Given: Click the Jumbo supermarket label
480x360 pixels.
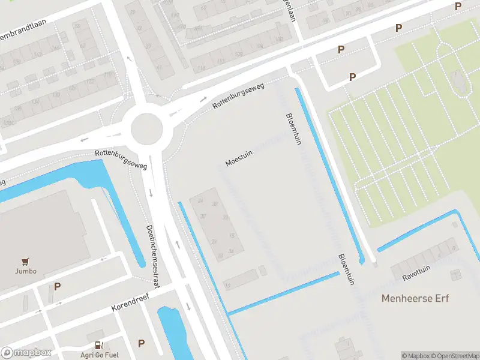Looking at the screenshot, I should [26, 271].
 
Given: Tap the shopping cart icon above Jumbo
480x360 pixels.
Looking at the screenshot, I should [26, 261].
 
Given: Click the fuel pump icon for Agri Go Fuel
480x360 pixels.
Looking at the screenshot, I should [98, 345].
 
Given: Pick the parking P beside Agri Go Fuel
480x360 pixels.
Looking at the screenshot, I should [141, 343].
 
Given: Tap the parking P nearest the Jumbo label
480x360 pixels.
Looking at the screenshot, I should [57, 286].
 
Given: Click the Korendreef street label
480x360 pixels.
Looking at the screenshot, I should [130, 302].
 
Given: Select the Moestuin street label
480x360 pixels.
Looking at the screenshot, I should [239, 158].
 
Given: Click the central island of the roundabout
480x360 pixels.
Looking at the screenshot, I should [147, 127].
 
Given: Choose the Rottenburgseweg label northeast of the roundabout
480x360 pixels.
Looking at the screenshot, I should [238, 97].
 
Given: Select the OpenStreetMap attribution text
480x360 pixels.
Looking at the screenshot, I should [454, 356].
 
